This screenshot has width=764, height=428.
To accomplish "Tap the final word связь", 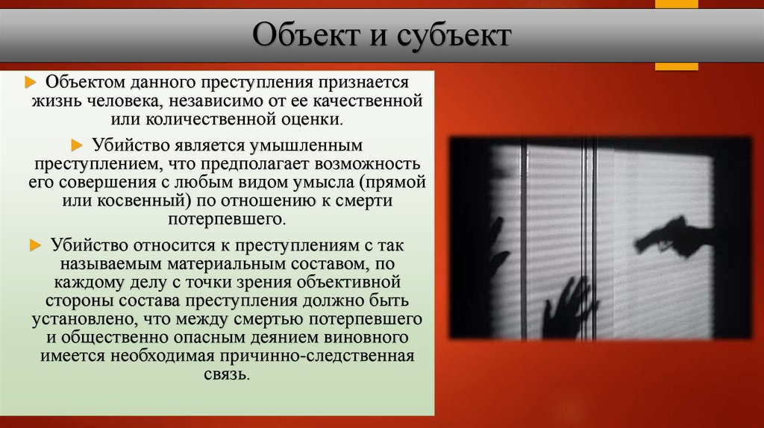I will [227, 376].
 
